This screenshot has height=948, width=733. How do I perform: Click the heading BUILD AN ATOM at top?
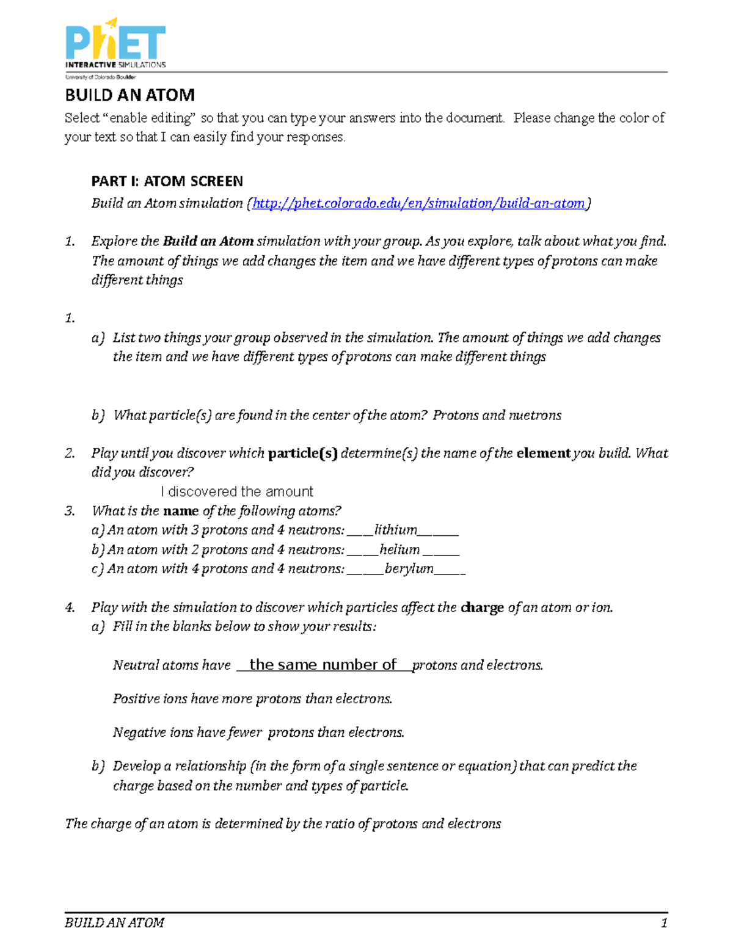(129, 95)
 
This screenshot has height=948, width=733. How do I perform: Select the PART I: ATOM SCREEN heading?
(167, 181)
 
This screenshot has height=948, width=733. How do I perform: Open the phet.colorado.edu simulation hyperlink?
(418, 203)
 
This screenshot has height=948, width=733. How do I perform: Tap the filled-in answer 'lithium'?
(396, 530)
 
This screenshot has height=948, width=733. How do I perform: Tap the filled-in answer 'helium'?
(399, 549)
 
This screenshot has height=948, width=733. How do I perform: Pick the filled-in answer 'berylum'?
(409, 569)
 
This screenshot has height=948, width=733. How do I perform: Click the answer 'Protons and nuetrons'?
(497, 416)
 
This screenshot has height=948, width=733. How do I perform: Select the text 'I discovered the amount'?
(237, 492)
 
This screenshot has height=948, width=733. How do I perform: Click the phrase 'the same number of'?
(323, 665)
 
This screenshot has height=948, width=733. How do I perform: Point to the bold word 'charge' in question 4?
(483, 608)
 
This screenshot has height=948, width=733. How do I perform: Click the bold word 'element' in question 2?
(544, 454)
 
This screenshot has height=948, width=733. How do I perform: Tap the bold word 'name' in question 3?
(181, 511)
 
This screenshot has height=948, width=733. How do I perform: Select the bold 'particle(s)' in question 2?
(302, 454)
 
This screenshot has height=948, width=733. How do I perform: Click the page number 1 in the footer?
(664, 923)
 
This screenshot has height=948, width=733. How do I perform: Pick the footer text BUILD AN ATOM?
(114, 923)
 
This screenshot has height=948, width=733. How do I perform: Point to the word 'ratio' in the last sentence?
(340, 824)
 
